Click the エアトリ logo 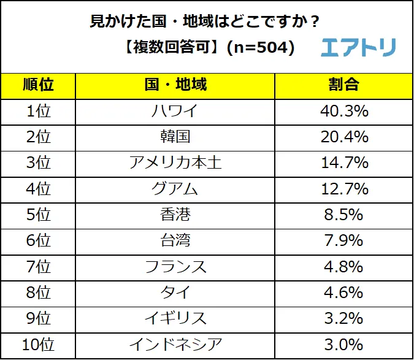pos(358,47)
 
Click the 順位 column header pos(38,85)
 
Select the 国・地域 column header pos(174,85)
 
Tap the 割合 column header pos(343,85)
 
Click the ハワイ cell pos(174,111)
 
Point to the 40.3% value pos(343,111)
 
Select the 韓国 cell pos(174,137)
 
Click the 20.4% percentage pos(343,137)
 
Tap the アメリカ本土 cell pos(174,163)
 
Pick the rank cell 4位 pos(38,189)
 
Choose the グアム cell pos(174,189)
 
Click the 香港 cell pos(174,215)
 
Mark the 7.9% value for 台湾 pos(343,241)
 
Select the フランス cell pos(174,267)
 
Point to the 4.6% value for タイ pos(343,293)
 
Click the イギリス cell pos(174,318)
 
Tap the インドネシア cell pos(174,345)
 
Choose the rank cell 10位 pos(38,345)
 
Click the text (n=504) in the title pos(261,48)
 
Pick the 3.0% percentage pos(343,345)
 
